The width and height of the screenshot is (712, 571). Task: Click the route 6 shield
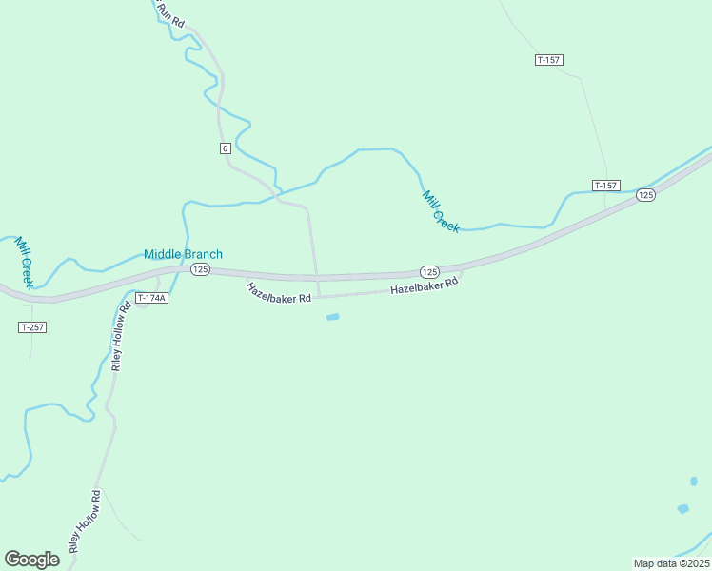[x=225, y=148]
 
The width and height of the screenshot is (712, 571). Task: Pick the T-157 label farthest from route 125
[x=548, y=60]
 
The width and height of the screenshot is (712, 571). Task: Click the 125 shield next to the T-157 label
[x=646, y=195]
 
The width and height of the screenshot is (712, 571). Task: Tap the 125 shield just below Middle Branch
[x=199, y=270]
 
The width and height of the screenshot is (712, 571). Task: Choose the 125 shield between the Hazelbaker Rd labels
[x=428, y=271]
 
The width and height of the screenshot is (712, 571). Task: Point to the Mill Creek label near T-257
[x=24, y=262]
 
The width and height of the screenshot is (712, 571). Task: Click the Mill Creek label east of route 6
[x=440, y=211]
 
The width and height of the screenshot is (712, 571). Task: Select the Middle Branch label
[x=183, y=254]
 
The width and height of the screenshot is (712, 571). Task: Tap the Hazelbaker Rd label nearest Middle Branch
[x=279, y=292]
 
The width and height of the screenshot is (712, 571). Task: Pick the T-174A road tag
[x=151, y=298]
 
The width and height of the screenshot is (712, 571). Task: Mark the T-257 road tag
[x=32, y=327]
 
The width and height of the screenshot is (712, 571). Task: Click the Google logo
[x=31, y=560]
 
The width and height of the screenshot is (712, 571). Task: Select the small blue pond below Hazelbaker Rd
[x=332, y=317]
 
